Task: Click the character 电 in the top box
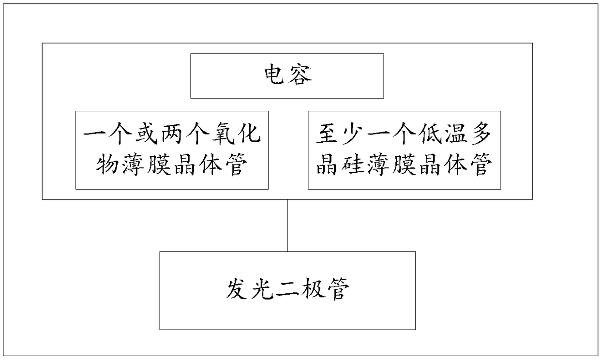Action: [x=276, y=75]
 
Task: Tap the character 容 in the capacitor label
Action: [x=300, y=75]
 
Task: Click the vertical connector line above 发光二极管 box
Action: [x=287, y=225]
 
